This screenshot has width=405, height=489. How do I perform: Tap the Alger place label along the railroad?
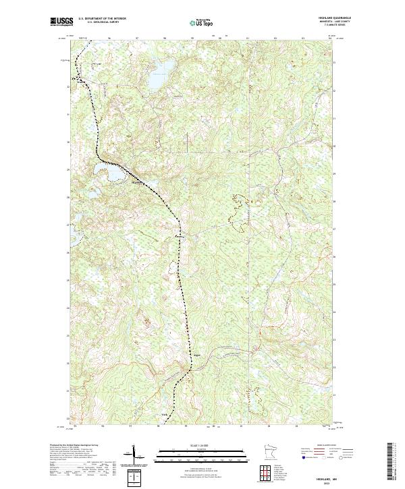tap(198, 353)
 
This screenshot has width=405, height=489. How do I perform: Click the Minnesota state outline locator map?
tap(269, 451)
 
